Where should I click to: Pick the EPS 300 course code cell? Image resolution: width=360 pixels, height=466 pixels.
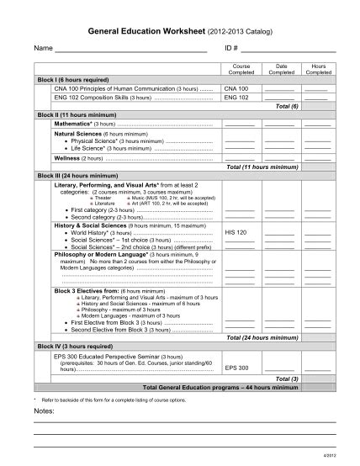point(237,368)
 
